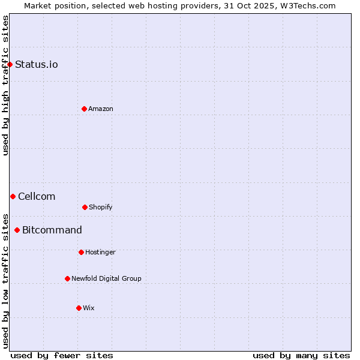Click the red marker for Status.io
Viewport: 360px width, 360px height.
click(x=10, y=64)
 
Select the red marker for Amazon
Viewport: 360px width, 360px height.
click(x=84, y=109)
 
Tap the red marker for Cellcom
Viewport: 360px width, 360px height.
click(x=13, y=196)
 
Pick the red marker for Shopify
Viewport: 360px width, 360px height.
click(x=85, y=207)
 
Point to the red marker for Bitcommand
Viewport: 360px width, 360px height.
click(x=17, y=230)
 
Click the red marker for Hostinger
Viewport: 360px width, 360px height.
click(x=81, y=252)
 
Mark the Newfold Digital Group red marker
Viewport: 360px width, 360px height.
click(x=67, y=278)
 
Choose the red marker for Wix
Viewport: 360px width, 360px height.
click(x=79, y=308)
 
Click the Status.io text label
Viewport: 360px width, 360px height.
click(x=37, y=64)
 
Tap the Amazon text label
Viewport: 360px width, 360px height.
click(x=101, y=109)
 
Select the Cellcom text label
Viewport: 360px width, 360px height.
click(x=37, y=196)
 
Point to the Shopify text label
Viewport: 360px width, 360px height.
click(x=101, y=207)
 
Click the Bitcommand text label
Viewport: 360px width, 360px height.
click(x=52, y=230)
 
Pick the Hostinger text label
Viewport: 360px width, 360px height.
click(x=100, y=252)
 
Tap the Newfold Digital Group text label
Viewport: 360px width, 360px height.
click(x=106, y=278)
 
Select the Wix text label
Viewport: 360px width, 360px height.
click(x=89, y=308)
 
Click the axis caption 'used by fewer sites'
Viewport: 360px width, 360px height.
click(x=62, y=355)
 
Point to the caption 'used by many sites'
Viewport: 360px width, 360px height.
click(x=301, y=355)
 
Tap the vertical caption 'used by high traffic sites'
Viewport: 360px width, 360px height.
click(x=5, y=85)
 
